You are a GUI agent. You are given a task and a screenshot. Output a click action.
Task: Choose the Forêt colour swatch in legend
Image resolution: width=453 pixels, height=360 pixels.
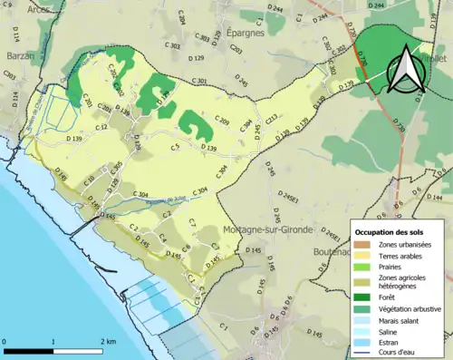[x=361, y=295]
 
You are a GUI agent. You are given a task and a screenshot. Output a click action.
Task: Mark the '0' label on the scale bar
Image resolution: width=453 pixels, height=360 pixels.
[x=6, y=342]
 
